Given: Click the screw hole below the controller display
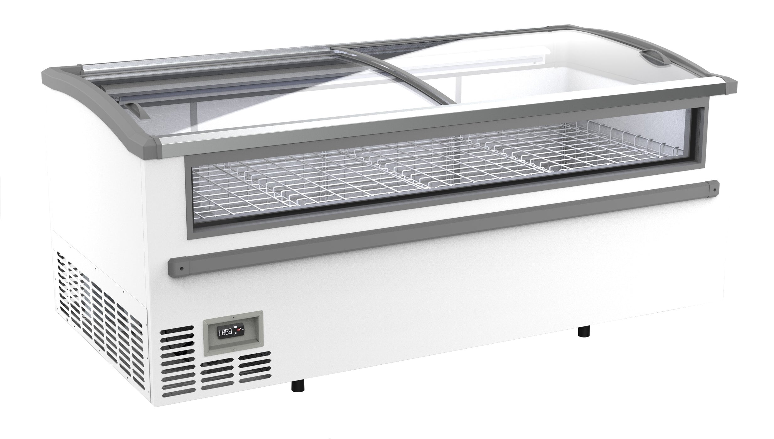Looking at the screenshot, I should coord(233,349).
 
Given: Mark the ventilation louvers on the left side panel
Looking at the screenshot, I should coord(100,301).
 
